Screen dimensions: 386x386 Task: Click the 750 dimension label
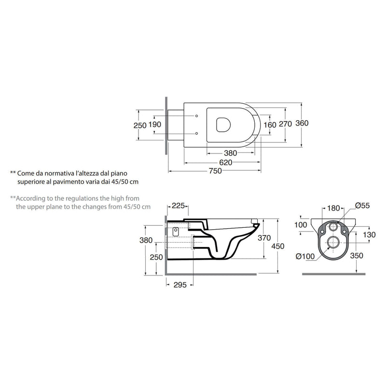215,171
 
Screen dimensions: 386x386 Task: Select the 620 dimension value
226,163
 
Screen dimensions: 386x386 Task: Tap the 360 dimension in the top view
302,123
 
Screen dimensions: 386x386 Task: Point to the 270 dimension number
285,124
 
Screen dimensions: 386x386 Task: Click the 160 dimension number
270,125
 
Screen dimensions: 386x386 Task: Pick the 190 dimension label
155,124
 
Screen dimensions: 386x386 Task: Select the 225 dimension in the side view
178,206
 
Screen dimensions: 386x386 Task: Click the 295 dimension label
180,285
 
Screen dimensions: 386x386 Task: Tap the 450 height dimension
278,246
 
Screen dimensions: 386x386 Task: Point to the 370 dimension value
264,238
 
